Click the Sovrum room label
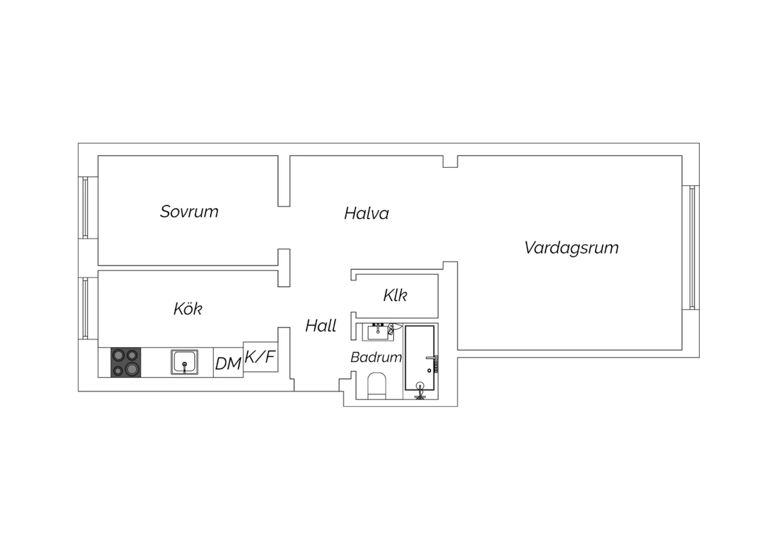pos(189,211)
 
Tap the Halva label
pos(366,213)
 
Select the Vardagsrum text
pos(571,248)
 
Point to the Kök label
pos(188,308)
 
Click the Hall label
pos(321,326)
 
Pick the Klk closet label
pos(395,295)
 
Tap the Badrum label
pos(376,357)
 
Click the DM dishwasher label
pos(228,364)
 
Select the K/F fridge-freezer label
pos(260,356)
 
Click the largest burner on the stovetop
pos(132,369)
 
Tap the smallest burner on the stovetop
pos(118,370)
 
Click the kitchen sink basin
pos(184,362)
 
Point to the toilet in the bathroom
pos(377,386)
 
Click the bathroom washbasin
pos(378,332)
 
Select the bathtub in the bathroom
pos(420,357)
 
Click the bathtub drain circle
pos(429,371)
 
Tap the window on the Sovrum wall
pos(85,208)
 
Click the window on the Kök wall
pos(85,308)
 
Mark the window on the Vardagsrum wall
pos(692,247)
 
